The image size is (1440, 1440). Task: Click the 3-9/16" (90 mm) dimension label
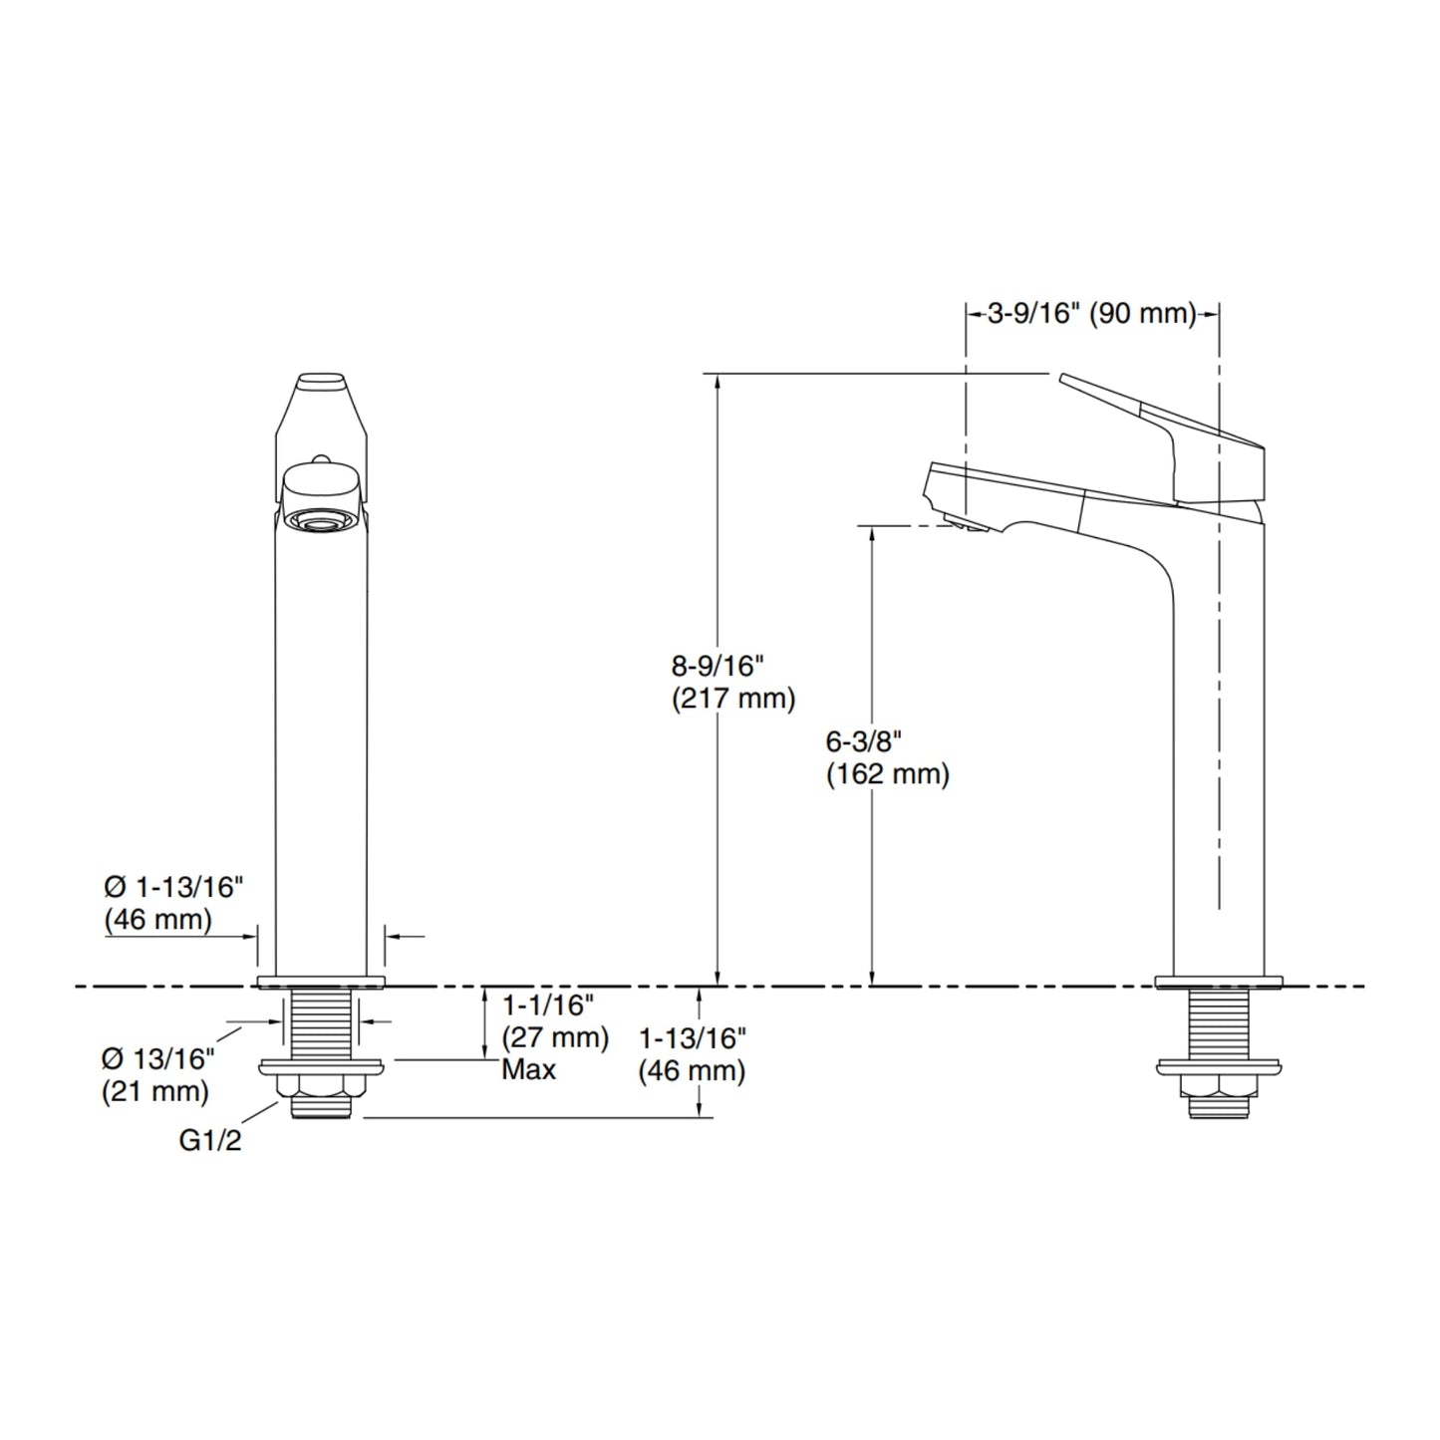pyautogui.click(x=1092, y=313)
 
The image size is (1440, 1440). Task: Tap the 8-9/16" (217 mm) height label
pyautogui.click(x=733, y=683)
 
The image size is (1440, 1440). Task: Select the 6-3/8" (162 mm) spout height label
pyautogui.click(x=888, y=758)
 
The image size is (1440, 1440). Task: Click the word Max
pyautogui.click(x=528, y=1070)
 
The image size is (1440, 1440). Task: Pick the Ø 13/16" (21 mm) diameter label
pyautogui.click(x=157, y=1075)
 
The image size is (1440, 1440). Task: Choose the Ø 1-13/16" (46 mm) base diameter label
pyautogui.click(x=174, y=904)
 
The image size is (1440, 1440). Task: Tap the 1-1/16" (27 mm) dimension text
pyautogui.click(x=555, y=1021)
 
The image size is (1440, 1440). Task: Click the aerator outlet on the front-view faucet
pyautogui.click(x=321, y=519)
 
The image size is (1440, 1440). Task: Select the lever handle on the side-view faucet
pyautogui.click(x=1161, y=437)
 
